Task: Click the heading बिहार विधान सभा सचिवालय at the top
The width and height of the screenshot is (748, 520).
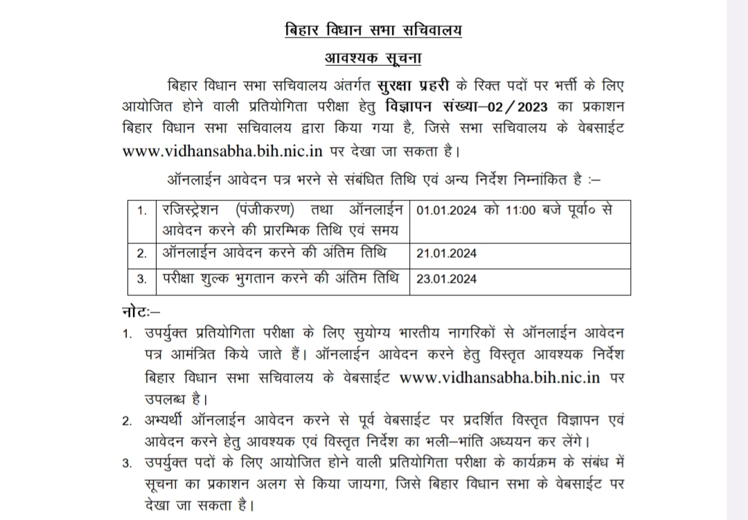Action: (373, 30)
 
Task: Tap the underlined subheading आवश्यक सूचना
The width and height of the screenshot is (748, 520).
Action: (373, 58)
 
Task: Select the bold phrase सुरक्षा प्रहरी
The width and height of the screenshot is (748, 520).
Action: (409, 87)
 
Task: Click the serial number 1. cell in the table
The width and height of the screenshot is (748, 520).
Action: (141, 210)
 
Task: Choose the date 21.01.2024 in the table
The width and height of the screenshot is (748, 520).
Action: (447, 253)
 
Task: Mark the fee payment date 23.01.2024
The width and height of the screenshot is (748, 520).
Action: (447, 280)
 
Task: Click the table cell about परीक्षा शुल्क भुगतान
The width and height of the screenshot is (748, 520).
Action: (280, 280)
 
